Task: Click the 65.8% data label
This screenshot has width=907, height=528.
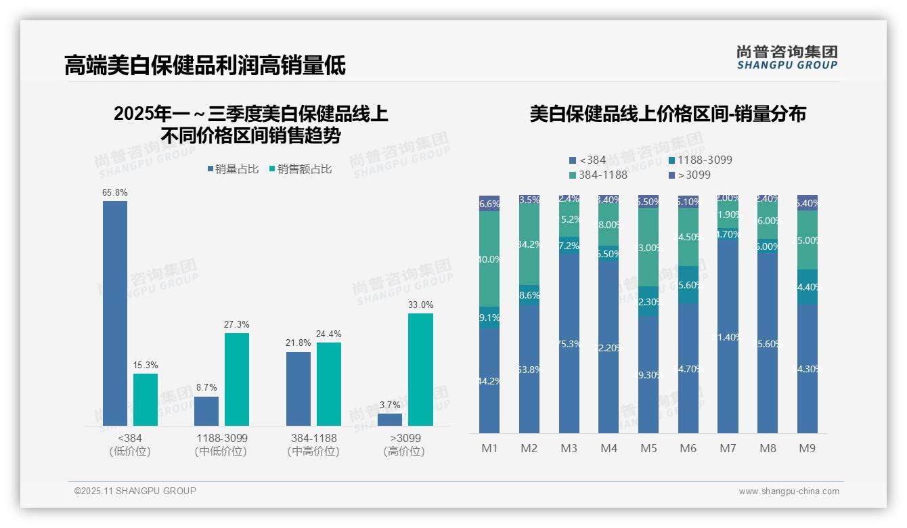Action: [115, 193]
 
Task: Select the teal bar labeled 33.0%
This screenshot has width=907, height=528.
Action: [420, 369]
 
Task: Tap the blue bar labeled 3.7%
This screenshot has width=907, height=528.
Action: [390, 419]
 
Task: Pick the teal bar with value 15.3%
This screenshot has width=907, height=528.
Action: [146, 399]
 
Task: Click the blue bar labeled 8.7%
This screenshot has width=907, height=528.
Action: [206, 411]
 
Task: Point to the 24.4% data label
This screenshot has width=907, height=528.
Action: [329, 334]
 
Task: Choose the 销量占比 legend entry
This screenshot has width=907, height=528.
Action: [233, 169]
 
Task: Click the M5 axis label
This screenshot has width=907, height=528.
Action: [648, 448]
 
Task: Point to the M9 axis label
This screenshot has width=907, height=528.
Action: [807, 448]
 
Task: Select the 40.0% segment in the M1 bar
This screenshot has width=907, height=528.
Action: [489, 259]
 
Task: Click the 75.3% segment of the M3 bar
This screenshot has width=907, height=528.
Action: [569, 344]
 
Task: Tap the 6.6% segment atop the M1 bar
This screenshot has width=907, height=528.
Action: [489, 204]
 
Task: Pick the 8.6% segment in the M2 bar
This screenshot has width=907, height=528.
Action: [529, 295]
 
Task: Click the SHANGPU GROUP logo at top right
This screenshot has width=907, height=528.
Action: [787, 58]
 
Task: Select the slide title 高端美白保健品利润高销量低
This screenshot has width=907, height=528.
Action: [204, 65]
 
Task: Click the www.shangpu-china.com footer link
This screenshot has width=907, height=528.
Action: [789, 491]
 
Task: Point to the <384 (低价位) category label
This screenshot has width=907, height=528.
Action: [130, 445]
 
